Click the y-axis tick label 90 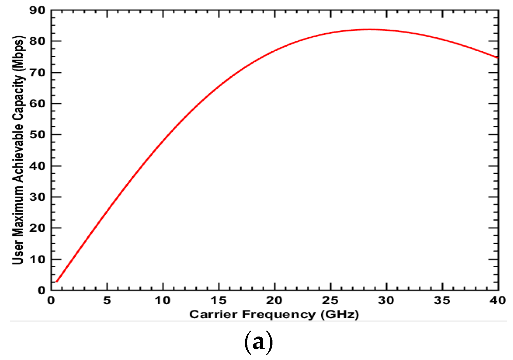click(x=37, y=10)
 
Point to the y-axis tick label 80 click(x=37, y=41)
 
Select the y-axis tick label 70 click(x=37, y=72)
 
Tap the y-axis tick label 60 click(x=37, y=103)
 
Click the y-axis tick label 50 click(x=37, y=135)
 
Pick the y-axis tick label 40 click(x=37, y=166)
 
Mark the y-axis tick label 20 click(x=37, y=228)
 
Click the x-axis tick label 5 click(x=107, y=301)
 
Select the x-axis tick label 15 click(x=218, y=301)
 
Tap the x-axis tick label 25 click(x=330, y=301)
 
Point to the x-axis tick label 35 click(x=442, y=301)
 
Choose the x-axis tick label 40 click(x=498, y=301)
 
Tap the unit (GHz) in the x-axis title click(x=340, y=315)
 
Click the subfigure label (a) click(x=258, y=343)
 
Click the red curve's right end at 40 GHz click(x=497, y=58)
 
